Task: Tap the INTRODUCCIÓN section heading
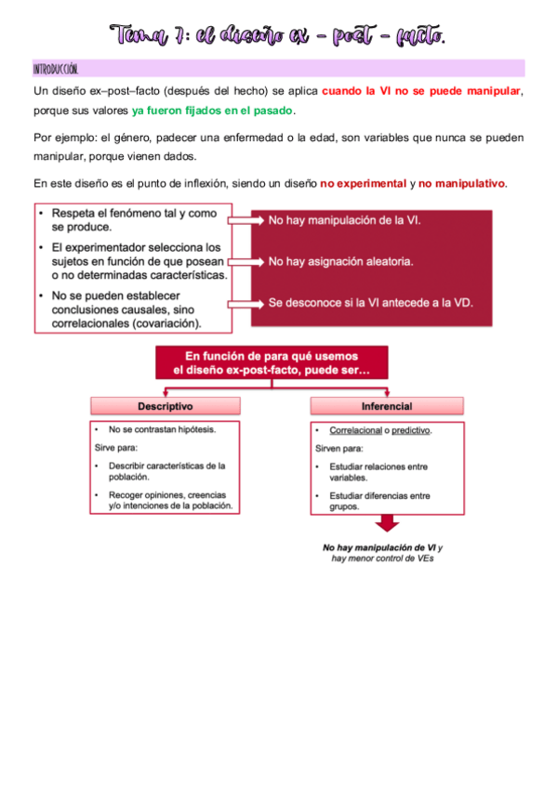tap(56, 70)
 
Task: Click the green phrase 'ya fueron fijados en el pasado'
tap(213, 111)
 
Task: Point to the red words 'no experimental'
tap(363, 183)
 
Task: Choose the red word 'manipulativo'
tap(462, 183)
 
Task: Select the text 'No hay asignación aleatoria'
tap(340, 262)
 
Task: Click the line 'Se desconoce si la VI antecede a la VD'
tap(369, 303)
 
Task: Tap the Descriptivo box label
tap(166, 406)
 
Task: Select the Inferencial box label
tap(386, 406)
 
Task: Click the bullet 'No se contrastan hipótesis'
tap(154, 431)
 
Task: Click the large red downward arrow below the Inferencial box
tap(386, 524)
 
